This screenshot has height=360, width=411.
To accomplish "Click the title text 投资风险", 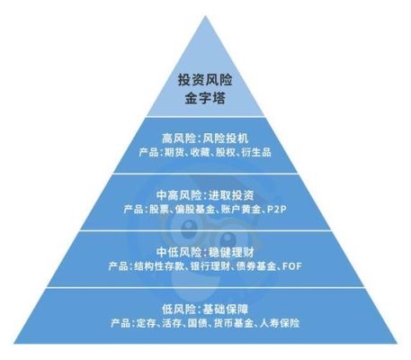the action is [205, 80].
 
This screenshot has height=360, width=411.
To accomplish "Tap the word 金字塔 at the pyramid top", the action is [205, 98].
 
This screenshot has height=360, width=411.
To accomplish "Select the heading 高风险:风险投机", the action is [205, 139].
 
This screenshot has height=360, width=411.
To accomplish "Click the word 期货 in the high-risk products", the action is [174, 152].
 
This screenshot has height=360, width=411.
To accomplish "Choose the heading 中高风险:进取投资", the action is [205, 195].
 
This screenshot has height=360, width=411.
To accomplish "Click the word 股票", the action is [159, 210].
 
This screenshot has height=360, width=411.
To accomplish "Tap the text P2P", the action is [276, 210].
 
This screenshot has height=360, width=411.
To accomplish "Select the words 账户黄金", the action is [241, 210].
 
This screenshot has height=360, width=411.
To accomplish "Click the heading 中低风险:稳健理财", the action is [205, 252].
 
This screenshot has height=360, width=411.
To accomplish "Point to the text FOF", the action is [291, 266].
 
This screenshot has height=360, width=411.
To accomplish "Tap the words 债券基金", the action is [256, 266].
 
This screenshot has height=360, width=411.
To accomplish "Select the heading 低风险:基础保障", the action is [205, 310].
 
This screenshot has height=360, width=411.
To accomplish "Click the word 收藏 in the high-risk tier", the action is [200, 152].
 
